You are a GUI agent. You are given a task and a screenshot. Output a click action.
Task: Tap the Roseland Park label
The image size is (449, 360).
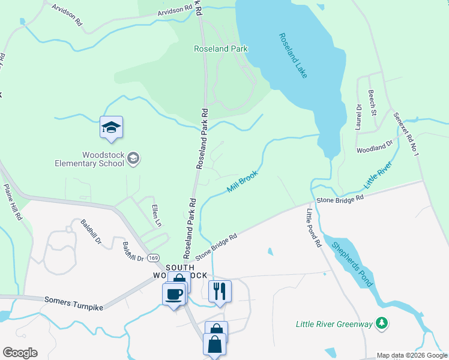pyautogui.click(x=220, y=49)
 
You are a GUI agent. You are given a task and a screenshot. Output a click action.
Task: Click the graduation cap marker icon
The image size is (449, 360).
pyautogui.click(x=111, y=127)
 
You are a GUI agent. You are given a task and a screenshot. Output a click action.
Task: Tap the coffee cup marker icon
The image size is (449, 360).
pyautogui.click(x=174, y=294)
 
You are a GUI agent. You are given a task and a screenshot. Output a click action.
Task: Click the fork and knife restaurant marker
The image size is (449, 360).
pyautogui.click(x=220, y=291)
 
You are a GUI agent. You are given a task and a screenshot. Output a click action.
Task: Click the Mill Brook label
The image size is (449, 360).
pyautogui.click(x=243, y=181)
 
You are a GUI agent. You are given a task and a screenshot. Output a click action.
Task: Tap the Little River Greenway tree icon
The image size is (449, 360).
pyautogui.click(x=381, y=324)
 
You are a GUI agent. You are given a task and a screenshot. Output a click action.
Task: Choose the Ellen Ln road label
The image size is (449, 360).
pyautogui.click(x=155, y=215)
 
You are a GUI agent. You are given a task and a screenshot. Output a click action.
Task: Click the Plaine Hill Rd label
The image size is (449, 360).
pyautogui.click(x=13, y=202)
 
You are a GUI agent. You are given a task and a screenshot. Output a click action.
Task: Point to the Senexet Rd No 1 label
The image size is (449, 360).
pyautogui.click(x=406, y=133)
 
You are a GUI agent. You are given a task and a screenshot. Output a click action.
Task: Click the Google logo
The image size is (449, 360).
pyautogui.click(x=20, y=353)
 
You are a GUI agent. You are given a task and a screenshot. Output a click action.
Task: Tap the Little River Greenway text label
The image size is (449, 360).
pyautogui.click(x=334, y=325)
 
